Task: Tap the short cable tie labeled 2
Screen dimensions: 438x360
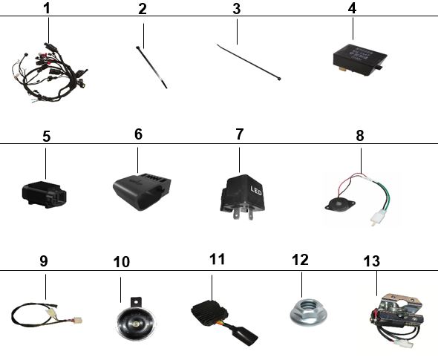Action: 151,68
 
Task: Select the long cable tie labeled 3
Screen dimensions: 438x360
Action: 249,62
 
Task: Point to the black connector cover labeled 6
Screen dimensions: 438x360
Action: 142,192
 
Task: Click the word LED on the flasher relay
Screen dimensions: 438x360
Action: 256,191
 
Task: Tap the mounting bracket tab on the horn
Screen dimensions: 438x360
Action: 136,302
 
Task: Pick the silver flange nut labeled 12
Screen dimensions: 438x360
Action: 308,312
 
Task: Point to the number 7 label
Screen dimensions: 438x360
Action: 239,134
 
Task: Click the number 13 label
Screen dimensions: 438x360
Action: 372,261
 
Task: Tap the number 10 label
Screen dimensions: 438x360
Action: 122,262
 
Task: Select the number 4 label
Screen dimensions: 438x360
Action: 352,8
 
